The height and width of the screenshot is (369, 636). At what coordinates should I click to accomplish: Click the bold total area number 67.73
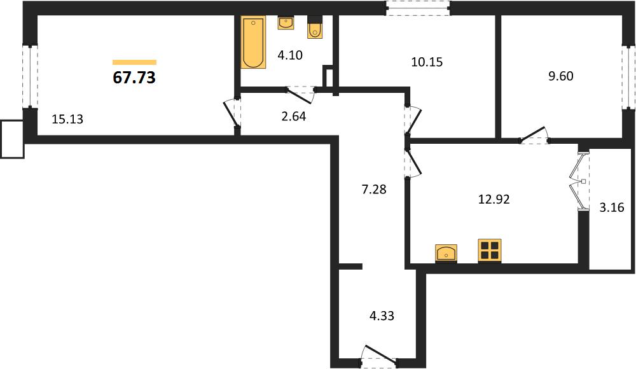pos(134,77)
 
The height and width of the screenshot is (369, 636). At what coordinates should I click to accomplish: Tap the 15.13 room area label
pos(67,120)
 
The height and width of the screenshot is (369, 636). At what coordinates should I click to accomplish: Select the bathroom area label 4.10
pos(290,55)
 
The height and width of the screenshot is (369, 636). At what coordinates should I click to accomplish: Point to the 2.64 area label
pos(294,116)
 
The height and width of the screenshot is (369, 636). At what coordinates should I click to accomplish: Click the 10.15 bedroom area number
pos(427,62)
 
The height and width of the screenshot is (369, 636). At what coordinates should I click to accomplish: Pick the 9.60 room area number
pos(561,76)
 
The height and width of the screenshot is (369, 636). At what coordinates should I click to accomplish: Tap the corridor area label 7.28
pos(374,189)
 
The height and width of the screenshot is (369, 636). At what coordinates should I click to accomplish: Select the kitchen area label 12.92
pos(494,199)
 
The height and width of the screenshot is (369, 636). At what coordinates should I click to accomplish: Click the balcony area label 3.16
pos(612,207)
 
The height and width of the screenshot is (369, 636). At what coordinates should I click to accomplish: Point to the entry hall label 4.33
pos(382,316)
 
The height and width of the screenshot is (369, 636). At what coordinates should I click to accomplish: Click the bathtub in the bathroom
pos(254,42)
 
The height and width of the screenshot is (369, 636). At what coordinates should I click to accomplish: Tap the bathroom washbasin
pos(286,23)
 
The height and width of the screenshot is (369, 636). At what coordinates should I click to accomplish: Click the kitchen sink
pos(446,254)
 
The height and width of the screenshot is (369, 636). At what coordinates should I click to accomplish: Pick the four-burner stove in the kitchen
pos(490,250)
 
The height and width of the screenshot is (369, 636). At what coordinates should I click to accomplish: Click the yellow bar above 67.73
pos(134,62)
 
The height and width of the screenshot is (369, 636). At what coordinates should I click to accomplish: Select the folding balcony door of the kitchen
pos(579,181)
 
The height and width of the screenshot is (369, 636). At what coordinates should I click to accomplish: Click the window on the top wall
pos(418,8)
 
